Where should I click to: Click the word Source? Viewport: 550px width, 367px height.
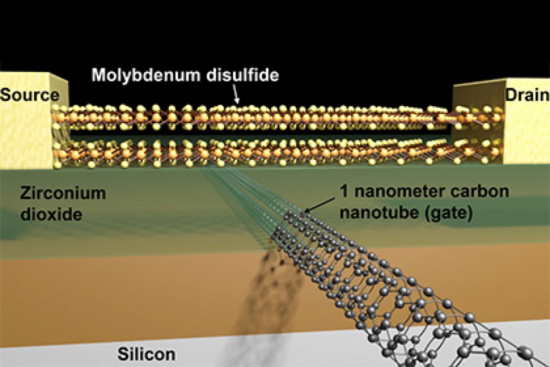pyautogui.click(x=29, y=95)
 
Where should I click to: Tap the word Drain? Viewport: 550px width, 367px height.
pyautogui.click(x=527, y=95)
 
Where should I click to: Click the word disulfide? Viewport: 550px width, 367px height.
pyautogui.click(x=242, y=75)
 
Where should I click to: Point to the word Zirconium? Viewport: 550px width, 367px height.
pyautogui.click(x=63, y=193)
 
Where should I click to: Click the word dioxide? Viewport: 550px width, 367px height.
pyautogui.click(x=51, y=214)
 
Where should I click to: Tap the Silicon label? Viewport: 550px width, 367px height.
pyautogui.click(x=146, y=354)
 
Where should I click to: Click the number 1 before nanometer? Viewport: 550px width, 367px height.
pyautogui.click(x=344, y=191)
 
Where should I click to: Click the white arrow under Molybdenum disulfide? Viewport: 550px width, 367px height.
pyautogui.click(x=235, y=94)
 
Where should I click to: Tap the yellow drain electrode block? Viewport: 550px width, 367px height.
pyautogui.click(x=526, y=121)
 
